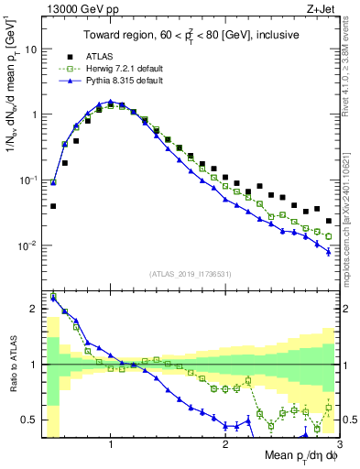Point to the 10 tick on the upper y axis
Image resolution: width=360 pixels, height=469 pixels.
point(30,49)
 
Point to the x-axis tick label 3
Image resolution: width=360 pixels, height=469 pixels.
point(338,444)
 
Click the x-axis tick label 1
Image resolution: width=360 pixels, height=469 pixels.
point(111,444)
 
